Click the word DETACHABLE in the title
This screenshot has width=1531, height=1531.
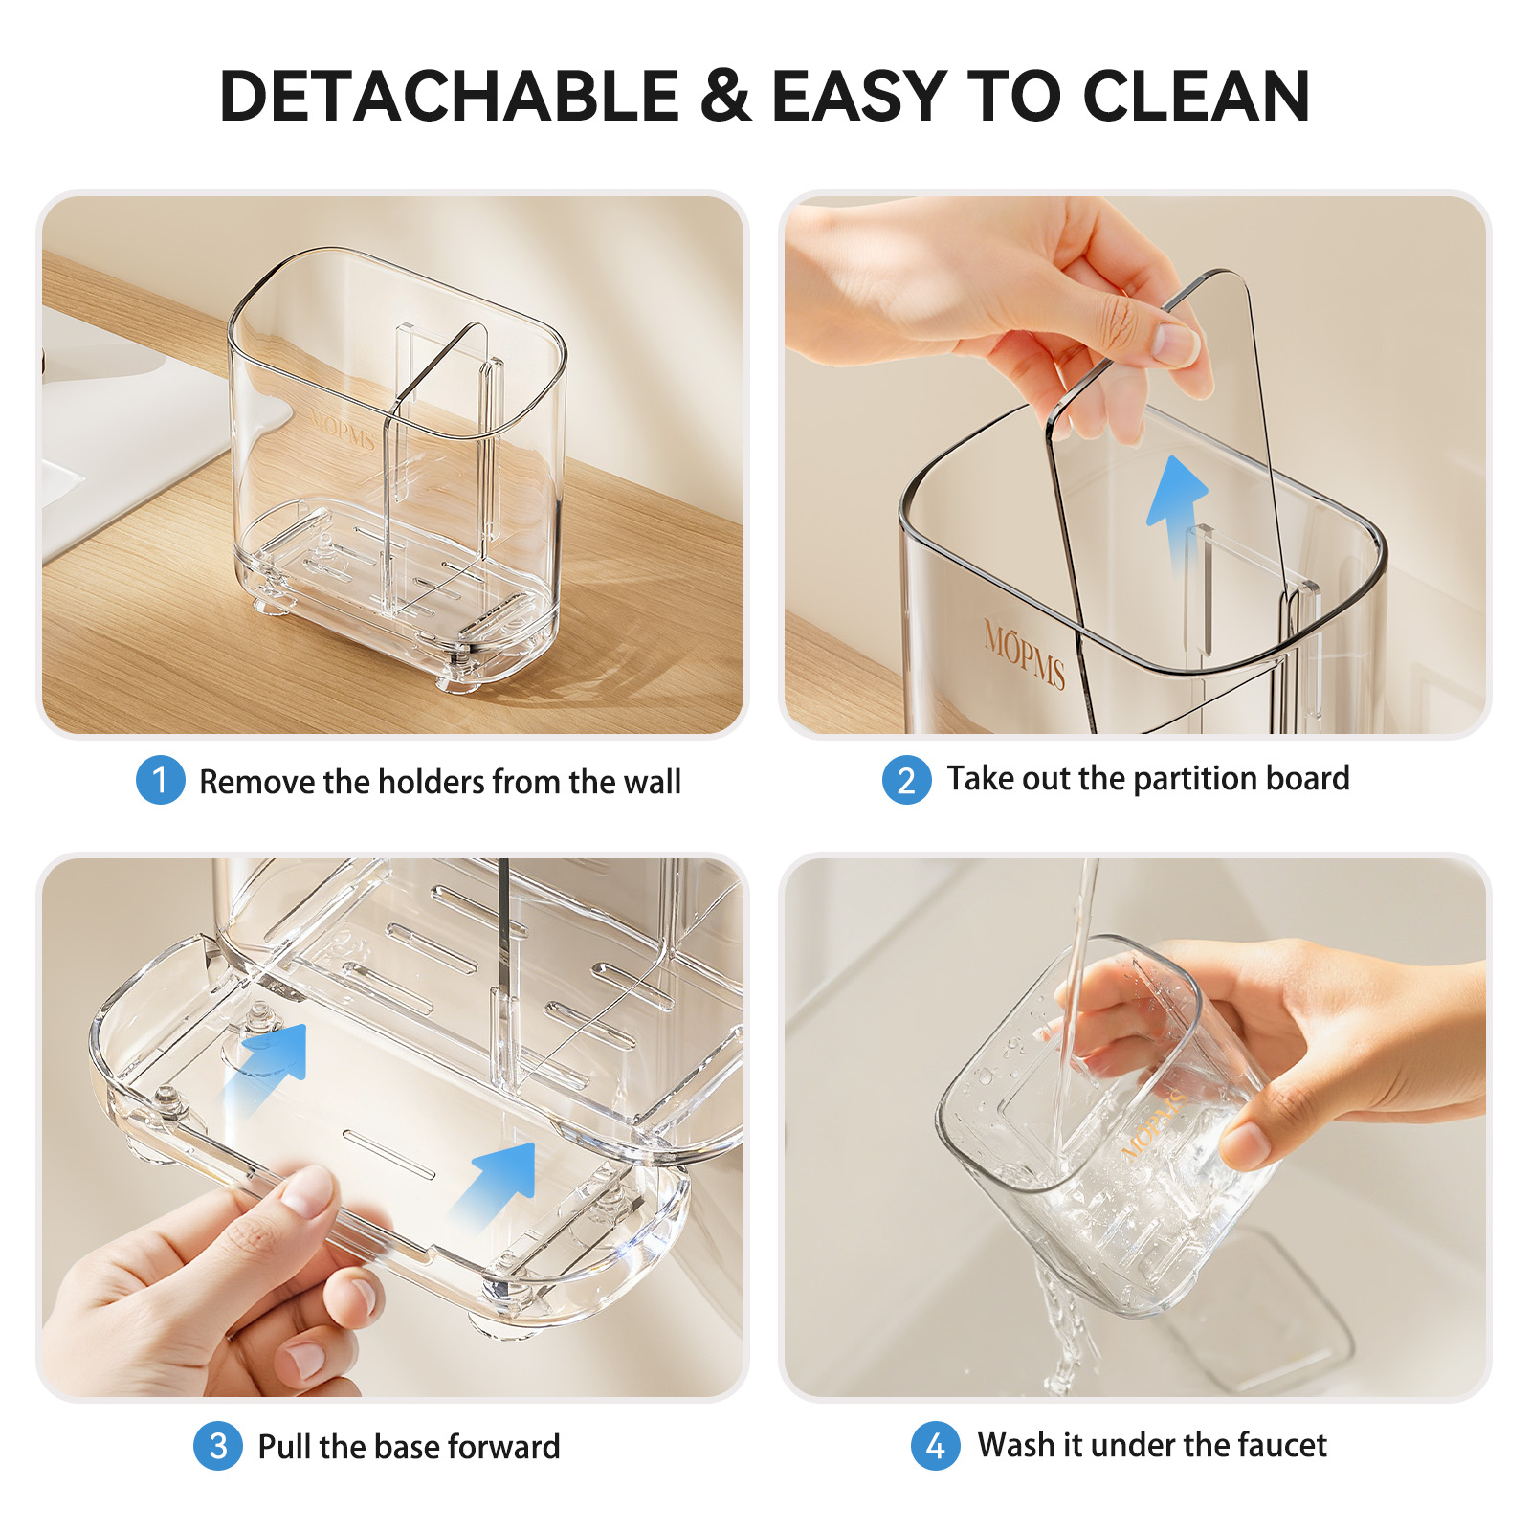[449, 97]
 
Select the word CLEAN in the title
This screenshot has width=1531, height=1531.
[1196, 97]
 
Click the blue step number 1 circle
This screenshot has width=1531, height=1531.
[160, 780]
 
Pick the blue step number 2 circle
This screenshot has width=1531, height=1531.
[906, 780]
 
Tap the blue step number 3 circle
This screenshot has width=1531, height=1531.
[217, 1445]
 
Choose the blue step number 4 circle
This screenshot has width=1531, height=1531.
[935, 1445]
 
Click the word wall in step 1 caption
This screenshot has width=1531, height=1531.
[652, 782]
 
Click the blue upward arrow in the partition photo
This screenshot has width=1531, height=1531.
[1177, 513]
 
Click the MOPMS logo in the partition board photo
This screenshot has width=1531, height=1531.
[1024, 655]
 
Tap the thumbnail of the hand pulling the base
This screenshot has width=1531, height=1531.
[392, 1127]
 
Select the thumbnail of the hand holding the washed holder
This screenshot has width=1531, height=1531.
[1136, 1127]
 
